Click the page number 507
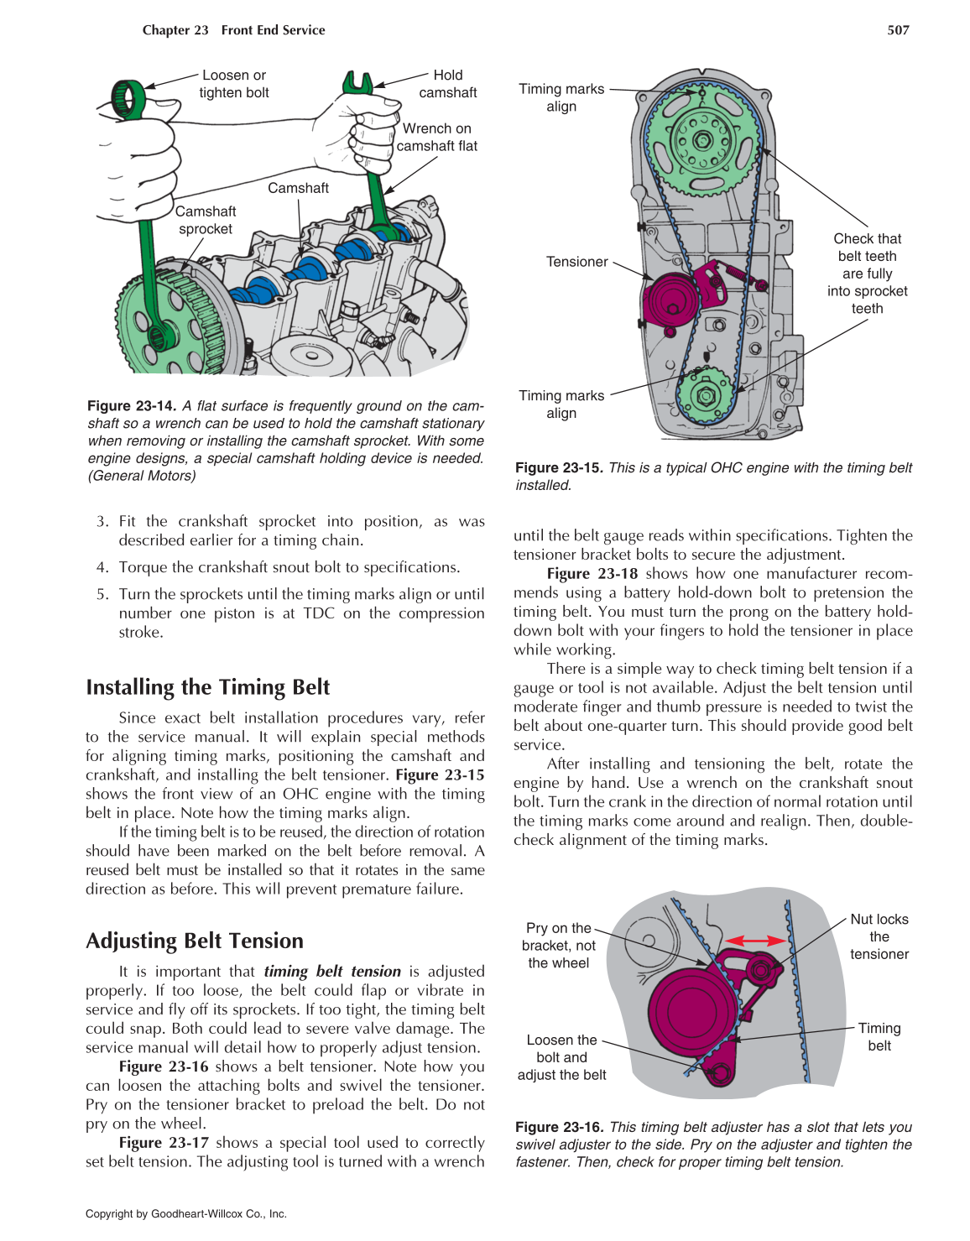(898, 30)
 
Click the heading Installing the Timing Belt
(207, 687)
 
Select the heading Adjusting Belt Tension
(194, 941)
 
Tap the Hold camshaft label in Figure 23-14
(447, 84)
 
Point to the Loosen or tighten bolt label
(234, 84)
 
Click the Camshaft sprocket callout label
(206, 220)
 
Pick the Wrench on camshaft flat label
(436, 137)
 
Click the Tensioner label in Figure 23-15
(576, 262)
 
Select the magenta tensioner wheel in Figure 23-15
(670, 298)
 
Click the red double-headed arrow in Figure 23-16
(755, 941)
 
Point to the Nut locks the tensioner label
(879, 936)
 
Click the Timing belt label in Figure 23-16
(879, 1036)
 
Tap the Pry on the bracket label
(559, 946)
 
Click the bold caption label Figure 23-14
(131, 406)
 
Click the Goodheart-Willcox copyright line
(186, 1213)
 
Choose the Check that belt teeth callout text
(867, 274)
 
